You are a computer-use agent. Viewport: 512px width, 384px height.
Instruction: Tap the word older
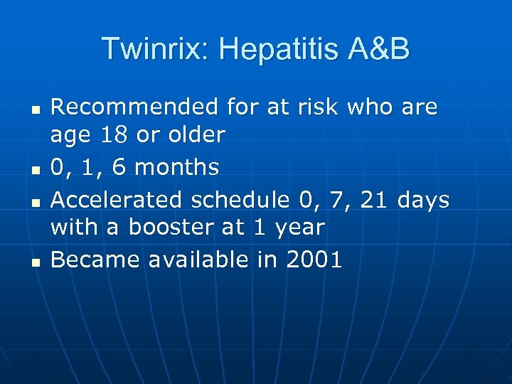tap(191, 134)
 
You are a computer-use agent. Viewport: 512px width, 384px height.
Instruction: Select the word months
tap(176, 167)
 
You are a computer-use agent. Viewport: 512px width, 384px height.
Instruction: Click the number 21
tap(375, 201)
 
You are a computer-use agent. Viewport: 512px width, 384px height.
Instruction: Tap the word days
tap(424, 201)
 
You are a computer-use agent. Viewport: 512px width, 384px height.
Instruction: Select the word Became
tap(95, 260)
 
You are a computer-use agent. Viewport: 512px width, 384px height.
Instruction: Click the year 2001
tap(313, 260)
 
